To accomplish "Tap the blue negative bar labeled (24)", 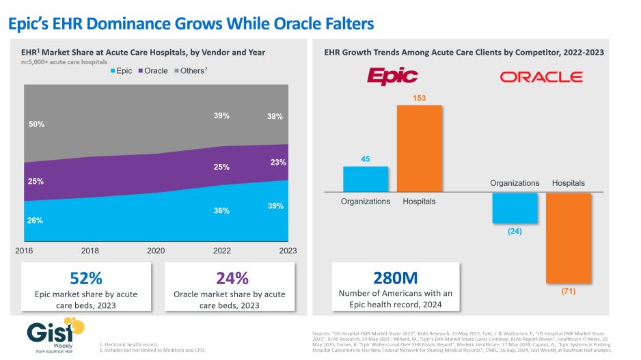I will (x=515, y=208).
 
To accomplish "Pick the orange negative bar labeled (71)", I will (x=568, y=238).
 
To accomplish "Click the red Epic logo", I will (x=391, y=75).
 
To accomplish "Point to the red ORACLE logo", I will (x=541, y=77).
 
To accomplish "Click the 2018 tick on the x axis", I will (x=91, y=251).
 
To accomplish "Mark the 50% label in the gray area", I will (x=36, y=124).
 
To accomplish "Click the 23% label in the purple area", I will (x=277, y=163).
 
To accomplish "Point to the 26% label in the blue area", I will (x=36, y=220).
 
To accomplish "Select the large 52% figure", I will (x=86, y=278).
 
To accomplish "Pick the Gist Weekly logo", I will (x=52, y=333).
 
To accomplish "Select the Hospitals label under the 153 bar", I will (x=419, y=202).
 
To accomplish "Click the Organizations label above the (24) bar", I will (x=515, y=183).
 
